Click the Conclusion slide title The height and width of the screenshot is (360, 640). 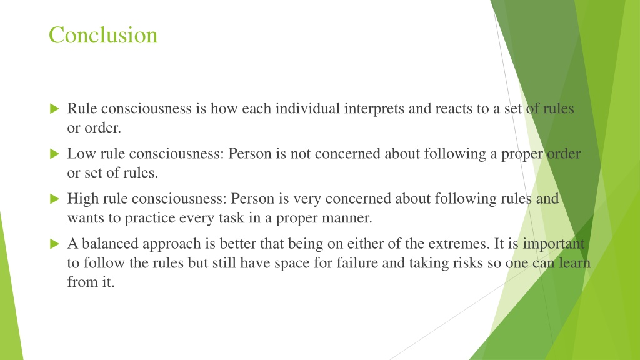(x=103, y=35)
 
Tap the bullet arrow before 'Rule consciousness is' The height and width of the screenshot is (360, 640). (x=55, y=109)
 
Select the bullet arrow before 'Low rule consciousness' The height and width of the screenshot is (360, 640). (x=55, y=154)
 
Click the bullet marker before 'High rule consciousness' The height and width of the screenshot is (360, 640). (x=55, y=199)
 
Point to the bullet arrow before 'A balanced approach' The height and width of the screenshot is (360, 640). (x=55, y=244)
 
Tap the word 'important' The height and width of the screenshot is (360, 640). (x=554, y=244)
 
